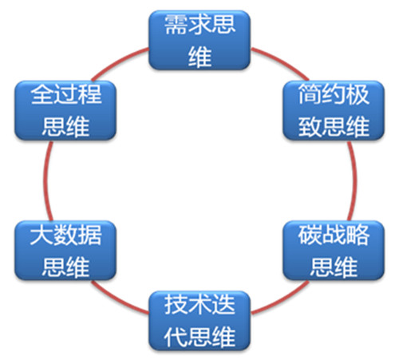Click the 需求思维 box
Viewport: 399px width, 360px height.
click(199, 40)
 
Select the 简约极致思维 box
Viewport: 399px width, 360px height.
click(334, 110)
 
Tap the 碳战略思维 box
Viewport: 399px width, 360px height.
click(334, 251)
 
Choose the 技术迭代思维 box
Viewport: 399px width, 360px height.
click(199, 321)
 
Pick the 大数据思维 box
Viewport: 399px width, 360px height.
click(65, 251)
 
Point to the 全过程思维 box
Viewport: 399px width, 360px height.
click(65, 110)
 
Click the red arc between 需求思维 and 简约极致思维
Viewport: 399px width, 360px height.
click(282, 61)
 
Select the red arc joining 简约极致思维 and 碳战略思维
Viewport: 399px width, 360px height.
click(354, 181)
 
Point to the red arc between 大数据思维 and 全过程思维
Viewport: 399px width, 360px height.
click(45, 181)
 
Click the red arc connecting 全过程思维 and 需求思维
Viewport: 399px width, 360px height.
click(118, 61)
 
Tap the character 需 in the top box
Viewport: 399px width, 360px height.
click(176, 25)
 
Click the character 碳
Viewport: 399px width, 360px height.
click(310, 235)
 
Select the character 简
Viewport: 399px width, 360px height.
click(310, 94)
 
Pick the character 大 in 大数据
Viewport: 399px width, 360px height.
click(41, 235)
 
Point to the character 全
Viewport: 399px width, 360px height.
click(42, 94)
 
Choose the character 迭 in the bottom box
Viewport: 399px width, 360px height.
click(223, 305)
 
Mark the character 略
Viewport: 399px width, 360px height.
click(358, 235)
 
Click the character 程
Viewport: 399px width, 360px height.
click(89, 94)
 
